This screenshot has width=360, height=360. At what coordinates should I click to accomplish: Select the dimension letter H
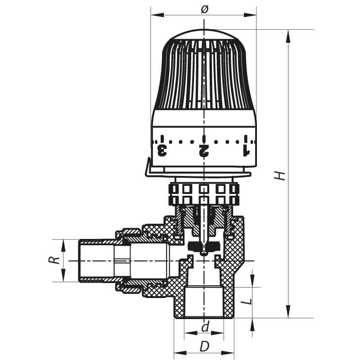[x=280, y=175]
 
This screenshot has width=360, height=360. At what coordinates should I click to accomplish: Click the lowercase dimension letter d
[x=205, y=327]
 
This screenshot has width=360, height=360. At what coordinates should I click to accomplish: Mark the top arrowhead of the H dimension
[x=288, y=34]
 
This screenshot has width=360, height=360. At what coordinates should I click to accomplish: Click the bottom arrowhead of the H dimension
[x=288, y=313]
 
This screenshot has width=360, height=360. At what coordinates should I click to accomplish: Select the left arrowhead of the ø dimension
[x=155, y=15]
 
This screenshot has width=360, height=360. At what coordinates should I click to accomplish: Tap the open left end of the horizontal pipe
[x=80, y=261]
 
